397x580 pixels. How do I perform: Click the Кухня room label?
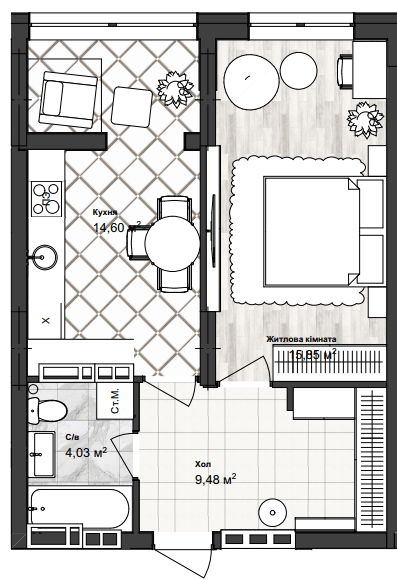tap(105, 213)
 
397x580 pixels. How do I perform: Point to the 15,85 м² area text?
tap(312, 354)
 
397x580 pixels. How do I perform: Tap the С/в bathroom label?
tap(72, 437)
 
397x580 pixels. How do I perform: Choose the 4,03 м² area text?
tap(85, 452)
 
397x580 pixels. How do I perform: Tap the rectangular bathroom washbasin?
tap(42, 455)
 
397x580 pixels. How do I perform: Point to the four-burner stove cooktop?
tap(46, 197)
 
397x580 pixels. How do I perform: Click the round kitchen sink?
tap(44, 255)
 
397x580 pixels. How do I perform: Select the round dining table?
tap(174, 241)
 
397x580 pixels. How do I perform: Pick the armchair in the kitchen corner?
tap(65, 94)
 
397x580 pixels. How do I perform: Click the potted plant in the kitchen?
tap(175, 89)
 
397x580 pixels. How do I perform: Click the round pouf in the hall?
tap(272, 512)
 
